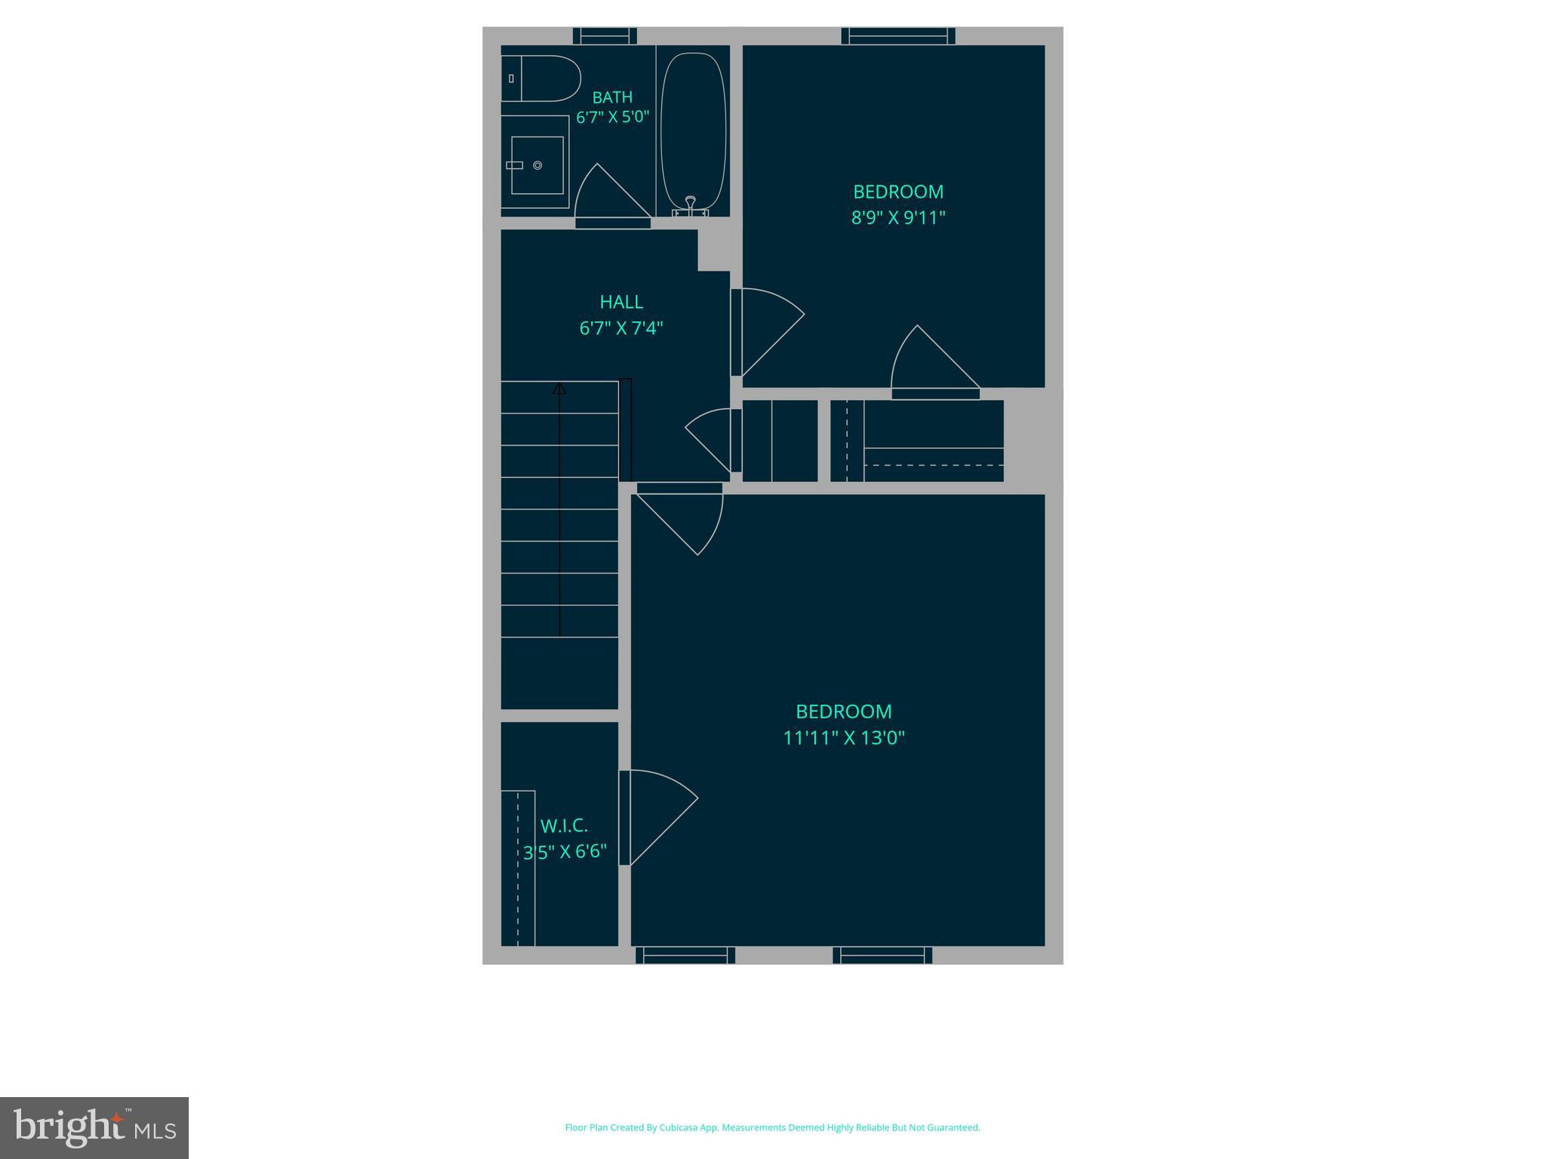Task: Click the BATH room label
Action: [612, 97]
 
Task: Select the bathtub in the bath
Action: [693, 128]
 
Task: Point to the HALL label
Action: [621, 302]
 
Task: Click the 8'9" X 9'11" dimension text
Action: [898, 218]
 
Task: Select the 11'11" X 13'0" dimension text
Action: [844, 738]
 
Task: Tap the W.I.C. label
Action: [564, 825]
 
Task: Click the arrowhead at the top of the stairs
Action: [559, 389]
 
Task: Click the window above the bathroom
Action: [605, 35]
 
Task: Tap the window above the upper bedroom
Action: [898, 35]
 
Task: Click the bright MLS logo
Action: [94, 1128]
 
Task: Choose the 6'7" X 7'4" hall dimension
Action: [621, 328]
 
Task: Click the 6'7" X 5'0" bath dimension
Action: [612, 118]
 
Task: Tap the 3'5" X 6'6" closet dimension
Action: [565, 852]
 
